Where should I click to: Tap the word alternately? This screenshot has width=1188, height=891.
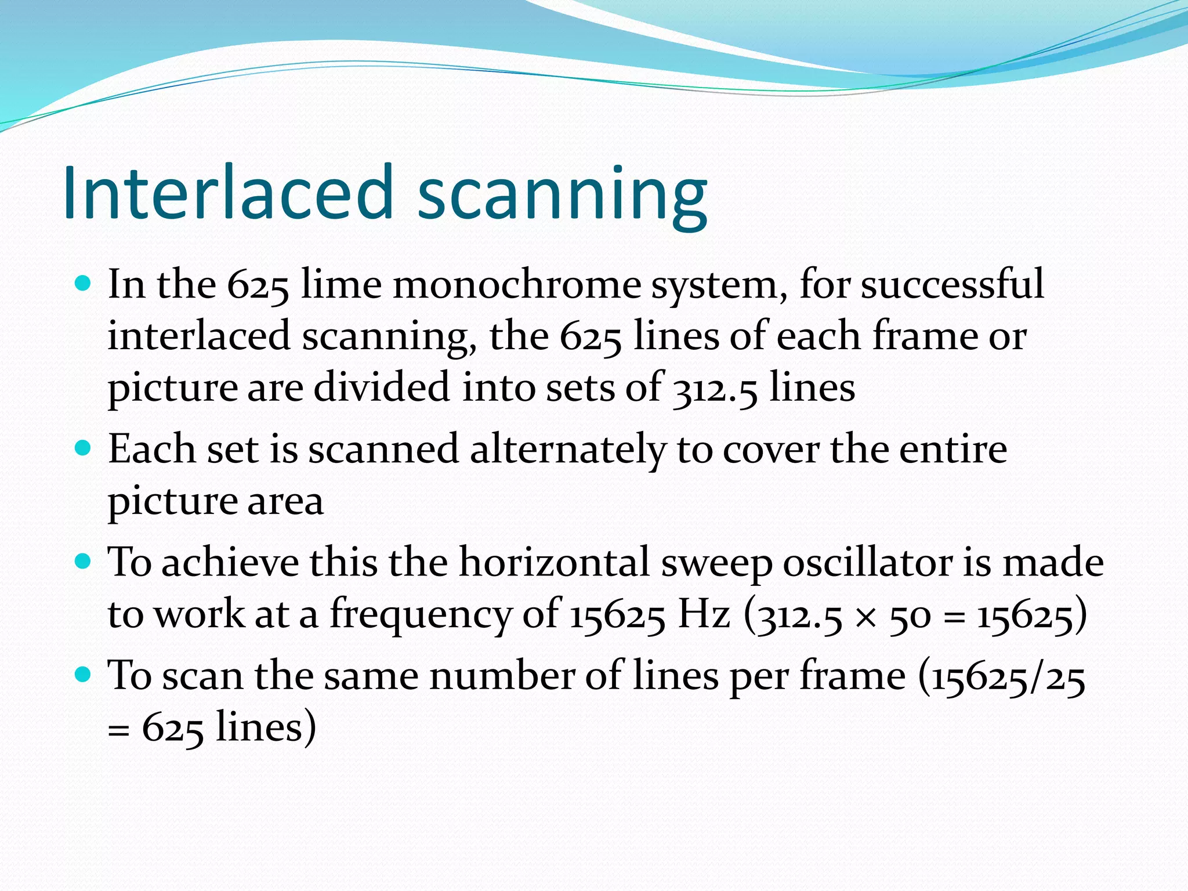[x=568, y=450]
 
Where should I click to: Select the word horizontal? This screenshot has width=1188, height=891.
[x=554, y=563]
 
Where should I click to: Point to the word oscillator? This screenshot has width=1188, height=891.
[x=868, y=563]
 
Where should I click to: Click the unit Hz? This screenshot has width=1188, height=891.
[x=704, y=614]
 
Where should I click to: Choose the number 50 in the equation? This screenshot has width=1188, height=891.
[x=910, y=616]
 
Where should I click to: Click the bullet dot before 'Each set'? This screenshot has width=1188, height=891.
[x=84, y=448]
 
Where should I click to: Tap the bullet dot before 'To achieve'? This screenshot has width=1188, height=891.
[x=84, y=562]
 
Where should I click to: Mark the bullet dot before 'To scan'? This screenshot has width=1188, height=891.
[x=84, y=675]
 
